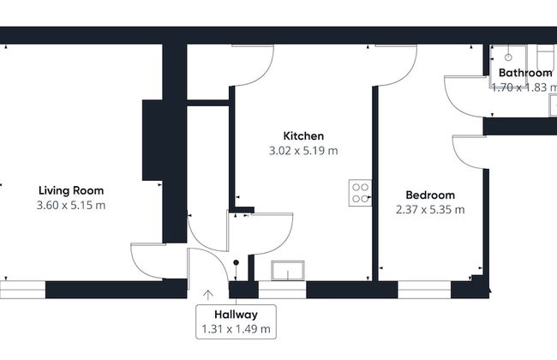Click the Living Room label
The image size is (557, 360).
pyautogui.click(x=71, y=190)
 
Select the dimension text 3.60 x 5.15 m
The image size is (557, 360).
pyautogui.click(x=71, y=206)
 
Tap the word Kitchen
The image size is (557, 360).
pyautogui.click(x=303, y=135)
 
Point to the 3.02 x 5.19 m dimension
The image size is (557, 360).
pyautogui.click(x=303, y=150)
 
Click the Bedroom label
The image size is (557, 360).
pyautogui.click(x=430, y=195)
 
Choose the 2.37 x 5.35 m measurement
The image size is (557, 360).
pyautogui.click(x=430, y=209)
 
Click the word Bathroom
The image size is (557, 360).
pyautogui.click(x=524, y=73)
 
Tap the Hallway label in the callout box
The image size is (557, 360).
pyautogui.click(x=237, y=314)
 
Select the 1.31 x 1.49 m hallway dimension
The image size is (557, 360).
pyautogui.click(x=237, y=329)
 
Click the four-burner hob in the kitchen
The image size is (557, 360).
pyautogui.click(x=360, y=193)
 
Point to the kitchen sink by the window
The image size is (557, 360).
pyautogui.click(x=287, y=270)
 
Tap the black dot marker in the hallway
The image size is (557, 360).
pyautogui.click(x=236, y=263)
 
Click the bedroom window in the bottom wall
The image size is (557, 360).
pyautogui.click(x=425, y=290)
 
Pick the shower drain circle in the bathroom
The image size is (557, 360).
pyautogui.click(x=508, y=57)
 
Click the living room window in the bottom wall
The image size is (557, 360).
pyautogui.click(x=21, y=290)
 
